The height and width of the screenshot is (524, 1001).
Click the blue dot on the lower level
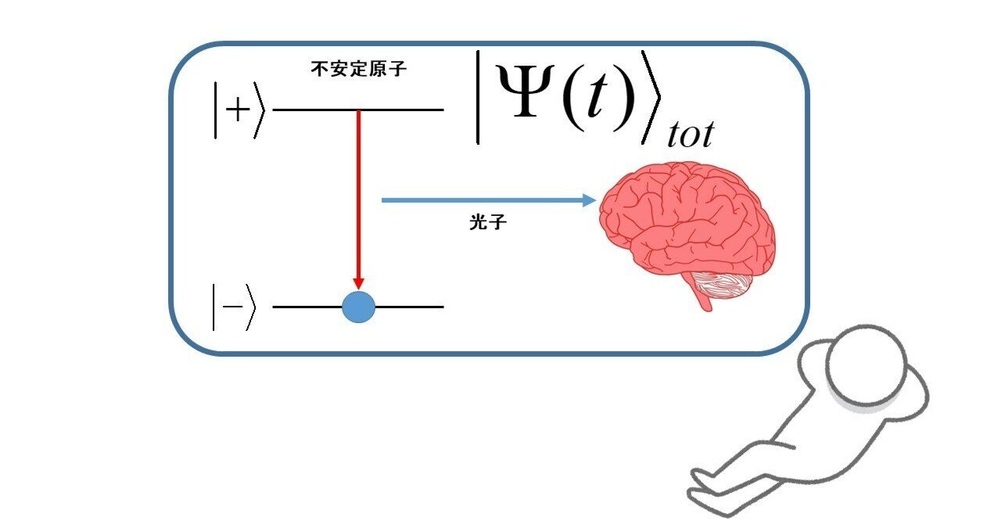click(359, 307)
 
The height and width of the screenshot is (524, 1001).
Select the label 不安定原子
click(359, 70)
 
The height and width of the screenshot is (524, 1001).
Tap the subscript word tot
click(690, 135)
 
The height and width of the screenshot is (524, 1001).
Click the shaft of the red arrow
click(359, 196)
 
